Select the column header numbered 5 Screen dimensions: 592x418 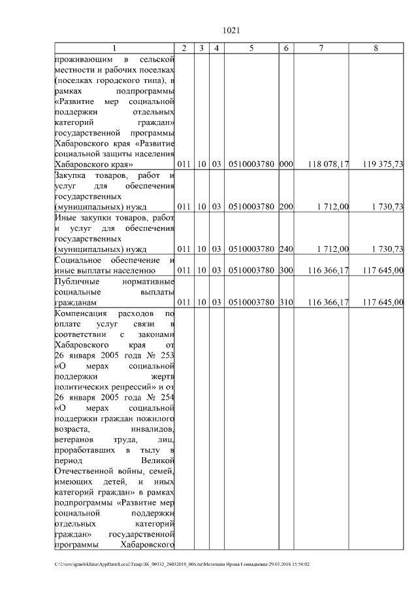(x=251, y=48)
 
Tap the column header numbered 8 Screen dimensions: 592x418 (x=376, y=48)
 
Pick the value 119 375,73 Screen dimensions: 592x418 (x=383, y=164)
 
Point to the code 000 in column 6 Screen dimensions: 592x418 (x=286, y=164)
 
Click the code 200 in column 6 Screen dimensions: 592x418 (x=286, y=207)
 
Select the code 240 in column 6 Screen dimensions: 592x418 (x=286, y=249)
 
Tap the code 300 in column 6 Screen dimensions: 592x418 (x=286, y=270)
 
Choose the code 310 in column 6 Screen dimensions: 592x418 (x=286, y=302)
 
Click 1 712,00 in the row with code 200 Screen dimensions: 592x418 (x=333, y=207)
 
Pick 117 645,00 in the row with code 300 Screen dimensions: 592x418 (x=383, y=270)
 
